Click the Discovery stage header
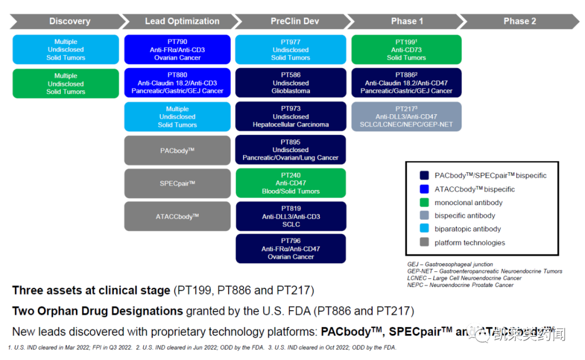[69, 21]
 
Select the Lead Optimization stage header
[182, 21]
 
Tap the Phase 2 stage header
[519, 21]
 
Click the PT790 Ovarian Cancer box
[178, 50]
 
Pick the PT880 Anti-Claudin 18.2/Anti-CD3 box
[178, 83]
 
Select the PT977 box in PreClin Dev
[290, 50]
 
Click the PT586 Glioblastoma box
[290, 83]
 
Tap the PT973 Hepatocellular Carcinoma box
[290, 116]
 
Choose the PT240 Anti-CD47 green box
[290, 183]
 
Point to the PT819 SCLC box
[290, 217]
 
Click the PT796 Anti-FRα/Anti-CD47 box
[290, 249]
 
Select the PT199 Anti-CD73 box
[406, 50]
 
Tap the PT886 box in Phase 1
[406, 83]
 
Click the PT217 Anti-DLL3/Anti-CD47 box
[406, 116]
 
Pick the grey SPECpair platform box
[178, 184]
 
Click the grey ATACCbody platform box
[178, 217]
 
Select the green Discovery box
[66, 83]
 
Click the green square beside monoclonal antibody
[424, 202]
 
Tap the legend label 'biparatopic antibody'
[467, 229]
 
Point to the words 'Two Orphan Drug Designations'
[97, 311]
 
